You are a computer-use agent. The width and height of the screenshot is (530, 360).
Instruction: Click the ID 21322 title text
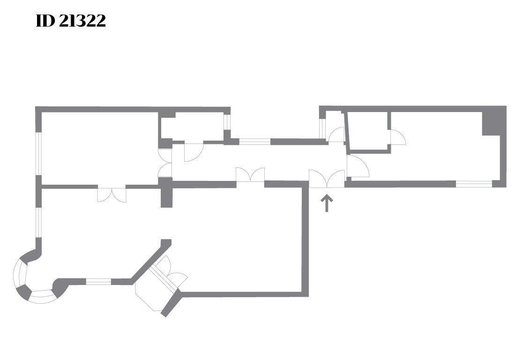click(71, 21)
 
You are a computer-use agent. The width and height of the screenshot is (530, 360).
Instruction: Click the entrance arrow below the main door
click(327, 203)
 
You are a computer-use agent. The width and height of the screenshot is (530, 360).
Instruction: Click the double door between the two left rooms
click(112, 194)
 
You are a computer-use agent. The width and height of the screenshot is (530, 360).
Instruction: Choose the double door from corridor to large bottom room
click(250, 176)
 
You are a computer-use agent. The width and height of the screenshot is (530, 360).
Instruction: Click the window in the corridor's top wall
click(254, 141)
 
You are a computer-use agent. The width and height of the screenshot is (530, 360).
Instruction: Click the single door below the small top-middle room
click(193, 151)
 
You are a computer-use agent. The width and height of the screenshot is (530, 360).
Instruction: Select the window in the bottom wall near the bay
click(98, 282)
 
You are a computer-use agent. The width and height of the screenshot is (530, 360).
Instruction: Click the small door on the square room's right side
click(398, 137)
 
